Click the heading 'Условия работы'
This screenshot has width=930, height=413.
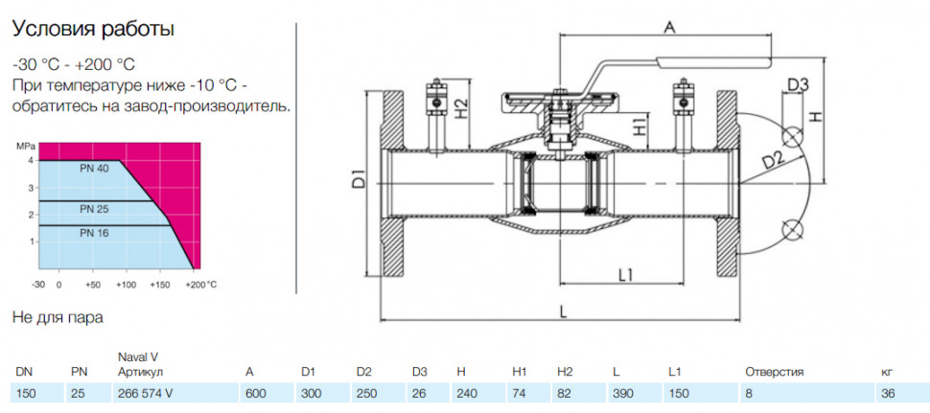93,30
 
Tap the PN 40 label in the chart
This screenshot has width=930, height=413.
93,169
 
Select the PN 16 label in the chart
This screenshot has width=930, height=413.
94,234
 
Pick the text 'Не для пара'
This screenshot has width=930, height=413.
58,317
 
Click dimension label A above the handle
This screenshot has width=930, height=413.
669,26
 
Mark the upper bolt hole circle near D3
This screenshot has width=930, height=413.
792,137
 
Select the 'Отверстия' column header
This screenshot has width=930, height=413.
774,373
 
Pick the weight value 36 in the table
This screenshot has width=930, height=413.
888,394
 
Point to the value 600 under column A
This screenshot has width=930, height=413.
256,394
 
